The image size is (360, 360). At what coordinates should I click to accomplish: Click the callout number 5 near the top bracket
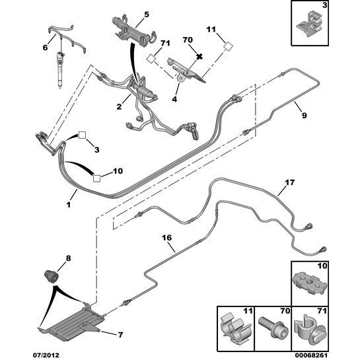(x=147, y=15)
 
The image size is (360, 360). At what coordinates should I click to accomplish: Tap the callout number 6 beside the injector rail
(x=45, y=48)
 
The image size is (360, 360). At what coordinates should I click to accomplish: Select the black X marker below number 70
(x=199, y=56)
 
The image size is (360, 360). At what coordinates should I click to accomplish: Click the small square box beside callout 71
(x=151, y=58)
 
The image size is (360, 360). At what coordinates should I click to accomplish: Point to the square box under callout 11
(x=228, y=46)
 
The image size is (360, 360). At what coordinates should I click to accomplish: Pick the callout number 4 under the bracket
(x=174, y=99)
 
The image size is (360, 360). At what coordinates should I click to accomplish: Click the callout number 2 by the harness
(x=119, y=106)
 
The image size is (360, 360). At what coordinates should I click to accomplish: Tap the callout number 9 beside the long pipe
(x=305, y=115)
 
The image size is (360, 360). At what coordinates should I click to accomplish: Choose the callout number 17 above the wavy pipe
(x=289, y=182)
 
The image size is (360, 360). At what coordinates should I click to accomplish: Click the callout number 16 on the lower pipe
(x=166, y=238)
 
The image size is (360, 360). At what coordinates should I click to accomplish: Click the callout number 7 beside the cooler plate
(x=120, y=335)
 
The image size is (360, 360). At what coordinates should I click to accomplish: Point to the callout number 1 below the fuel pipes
(x=69, y=204)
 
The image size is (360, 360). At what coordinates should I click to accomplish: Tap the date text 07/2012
(x=46, y=355)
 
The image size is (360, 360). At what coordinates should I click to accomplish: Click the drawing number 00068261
(x=311, y=355)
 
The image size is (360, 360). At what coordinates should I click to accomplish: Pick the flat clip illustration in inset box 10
(x=310, y=284)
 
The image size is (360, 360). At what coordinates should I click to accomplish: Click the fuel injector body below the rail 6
(x=60, y=70)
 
